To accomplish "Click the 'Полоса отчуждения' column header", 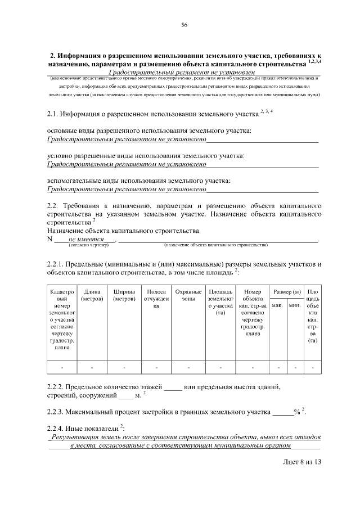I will [156, 299].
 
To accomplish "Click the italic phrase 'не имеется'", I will [83, 239].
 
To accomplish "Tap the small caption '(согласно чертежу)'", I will [88, 245].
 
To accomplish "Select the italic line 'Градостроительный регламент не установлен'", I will [182, 73].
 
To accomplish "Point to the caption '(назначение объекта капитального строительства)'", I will [216, 245].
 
